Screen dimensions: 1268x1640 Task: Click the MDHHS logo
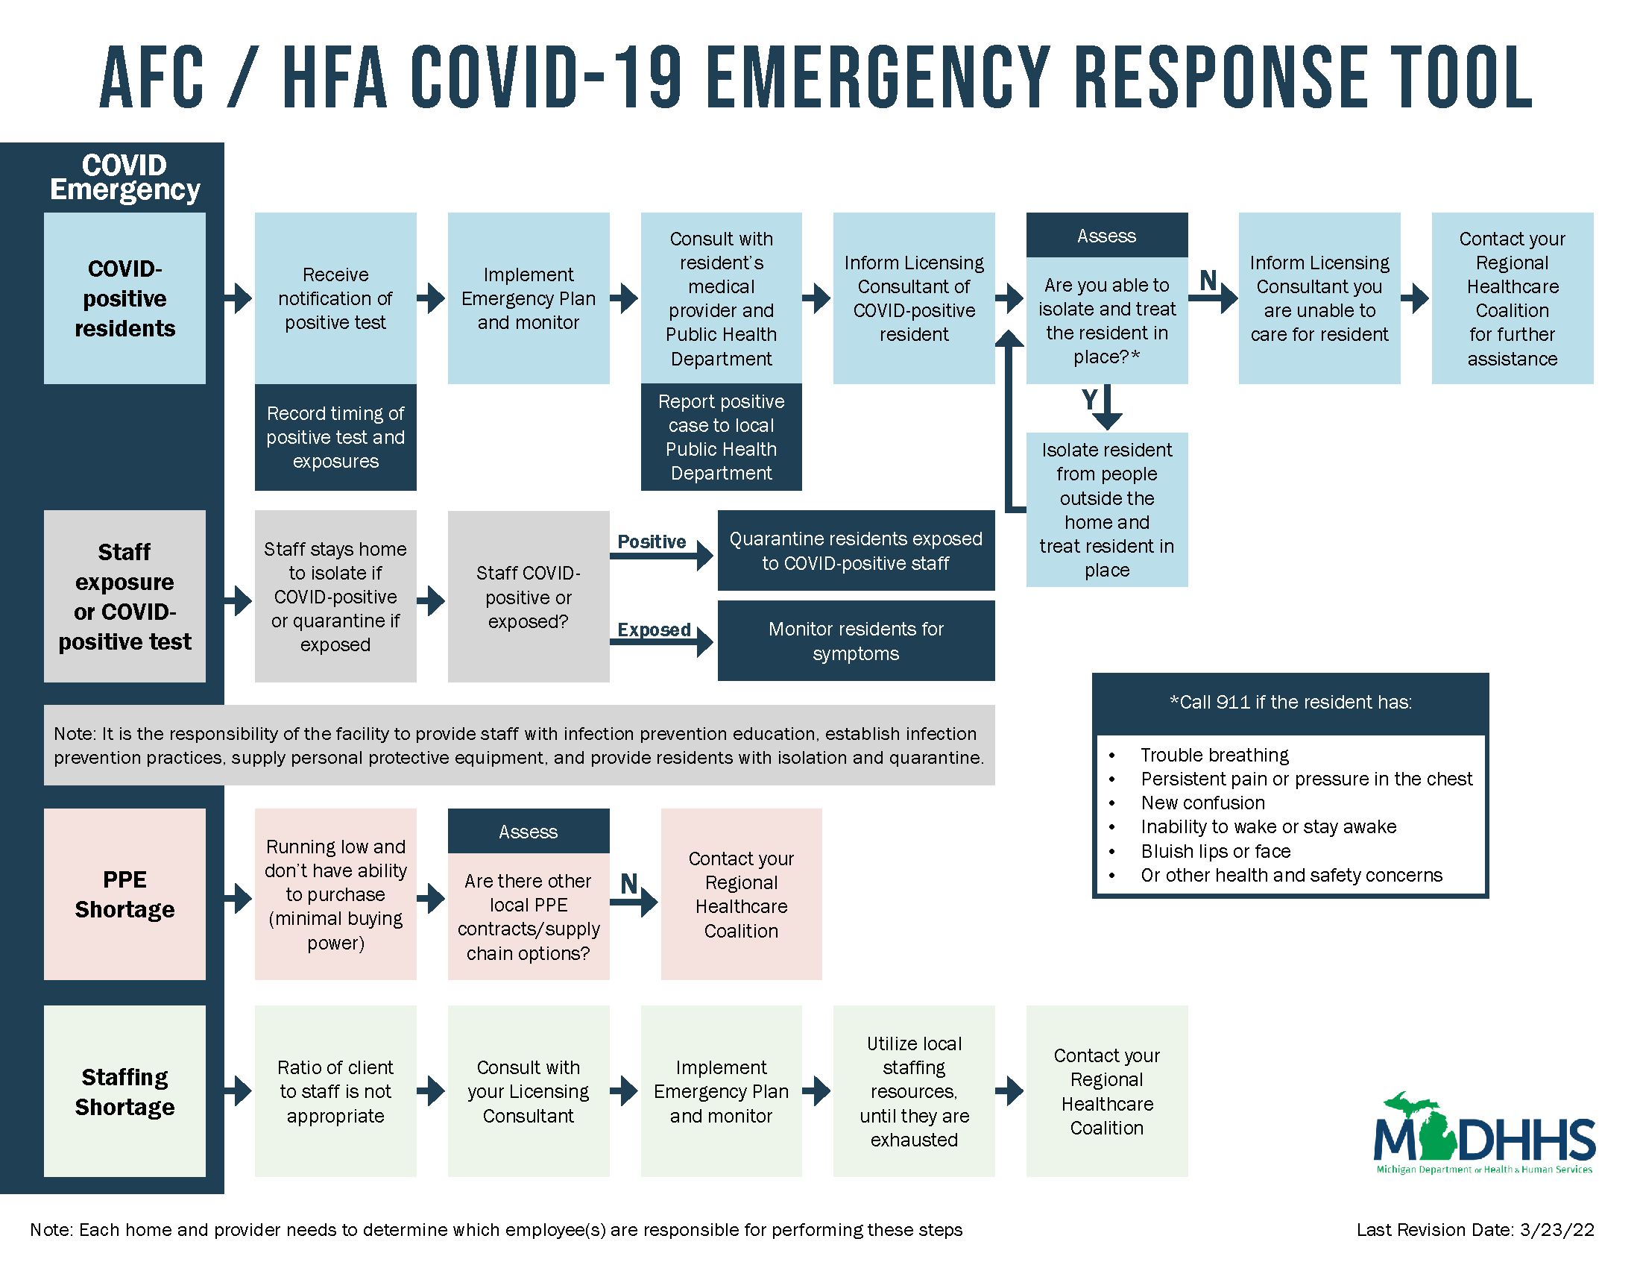(1483, 1133)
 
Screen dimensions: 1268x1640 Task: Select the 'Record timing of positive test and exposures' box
(335, 437)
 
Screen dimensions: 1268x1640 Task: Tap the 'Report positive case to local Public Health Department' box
(721, 437)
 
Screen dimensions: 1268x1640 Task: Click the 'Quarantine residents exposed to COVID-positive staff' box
(855, 550)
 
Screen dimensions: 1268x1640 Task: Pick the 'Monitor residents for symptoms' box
(855, 641)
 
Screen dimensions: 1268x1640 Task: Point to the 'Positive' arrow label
(651, 542)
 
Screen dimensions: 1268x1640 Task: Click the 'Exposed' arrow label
(653, 630)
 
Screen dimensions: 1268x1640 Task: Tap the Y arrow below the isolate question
(1107, 407)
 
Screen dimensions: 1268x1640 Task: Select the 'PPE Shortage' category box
(124, 894)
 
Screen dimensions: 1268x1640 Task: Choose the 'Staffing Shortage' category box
(124, 1090)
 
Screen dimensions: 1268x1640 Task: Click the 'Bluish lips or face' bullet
(1215, 851)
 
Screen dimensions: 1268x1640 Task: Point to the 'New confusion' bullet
(1202, 803)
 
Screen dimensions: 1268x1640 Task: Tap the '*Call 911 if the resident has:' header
(1290, 703)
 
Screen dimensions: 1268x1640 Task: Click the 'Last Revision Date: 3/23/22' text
(1475, 1230)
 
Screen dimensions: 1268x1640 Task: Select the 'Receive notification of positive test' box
(335, 298)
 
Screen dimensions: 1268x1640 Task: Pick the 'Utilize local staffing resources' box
(914, 1090)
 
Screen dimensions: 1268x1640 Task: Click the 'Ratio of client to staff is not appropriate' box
(335, 1090)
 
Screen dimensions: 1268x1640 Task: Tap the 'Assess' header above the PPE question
(528, 832)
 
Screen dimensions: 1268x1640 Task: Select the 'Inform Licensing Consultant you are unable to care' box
(1319, 298)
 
